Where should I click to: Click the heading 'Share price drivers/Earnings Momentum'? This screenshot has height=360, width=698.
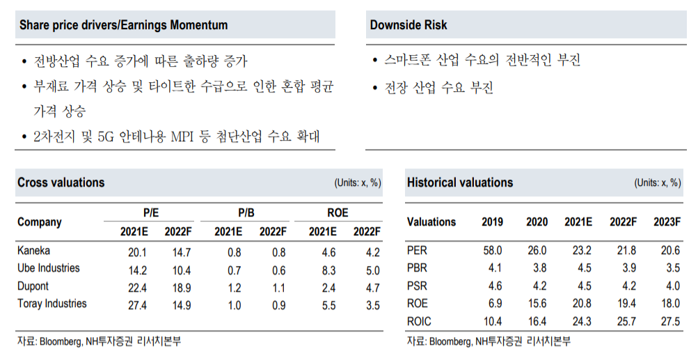[123, 25]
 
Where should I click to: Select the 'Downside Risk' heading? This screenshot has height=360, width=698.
[409, 25]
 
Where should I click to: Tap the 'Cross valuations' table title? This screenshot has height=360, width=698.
[61, 182]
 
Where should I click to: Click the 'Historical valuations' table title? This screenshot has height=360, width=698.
[460, 182]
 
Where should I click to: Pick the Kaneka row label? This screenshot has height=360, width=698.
[33, 251]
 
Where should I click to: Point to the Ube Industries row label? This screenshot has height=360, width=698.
[48, 268]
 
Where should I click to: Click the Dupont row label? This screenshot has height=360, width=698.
[34, 286]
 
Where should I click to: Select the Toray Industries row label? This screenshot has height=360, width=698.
[52, 304]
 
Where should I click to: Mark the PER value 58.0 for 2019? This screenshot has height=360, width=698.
[493, 251]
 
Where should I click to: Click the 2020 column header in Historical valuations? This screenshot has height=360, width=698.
[537, 222]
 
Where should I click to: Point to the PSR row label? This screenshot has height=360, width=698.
[418, 285]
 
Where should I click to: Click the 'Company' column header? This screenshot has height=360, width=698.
[40, 222]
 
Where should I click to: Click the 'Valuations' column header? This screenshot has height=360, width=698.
[431, 222]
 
